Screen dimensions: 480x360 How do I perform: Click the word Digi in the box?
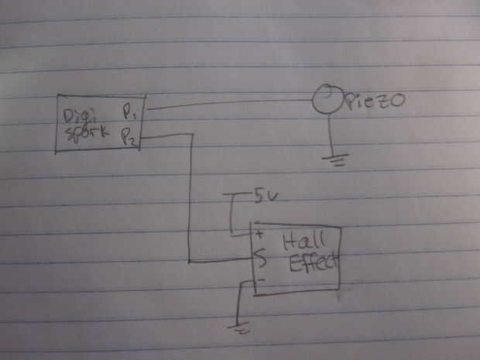tap(80, 116)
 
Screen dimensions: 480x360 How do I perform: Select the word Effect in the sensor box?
tap(314, 263)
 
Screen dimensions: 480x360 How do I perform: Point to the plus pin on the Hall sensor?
tap(259, 231)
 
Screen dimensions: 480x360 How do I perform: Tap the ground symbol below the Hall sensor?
tap(242, 327)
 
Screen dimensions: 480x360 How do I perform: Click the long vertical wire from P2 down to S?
tap(190, 201)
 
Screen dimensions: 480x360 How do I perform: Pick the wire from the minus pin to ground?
tap(241, 302)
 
